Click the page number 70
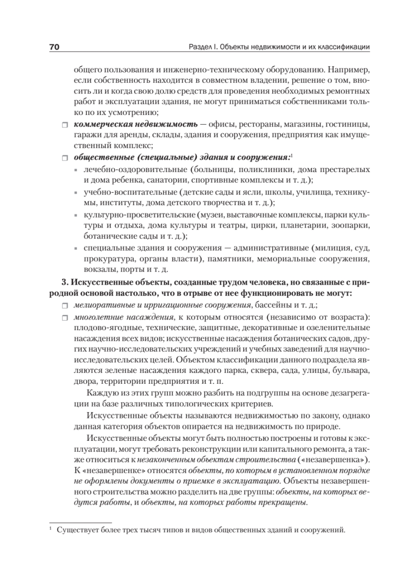point(54,47)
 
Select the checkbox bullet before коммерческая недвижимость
point(65,125)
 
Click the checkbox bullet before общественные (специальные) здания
point(65,158)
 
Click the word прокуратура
point(105,259)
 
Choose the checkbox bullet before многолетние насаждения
point(65,317)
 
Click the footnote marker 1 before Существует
point(50,529)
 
